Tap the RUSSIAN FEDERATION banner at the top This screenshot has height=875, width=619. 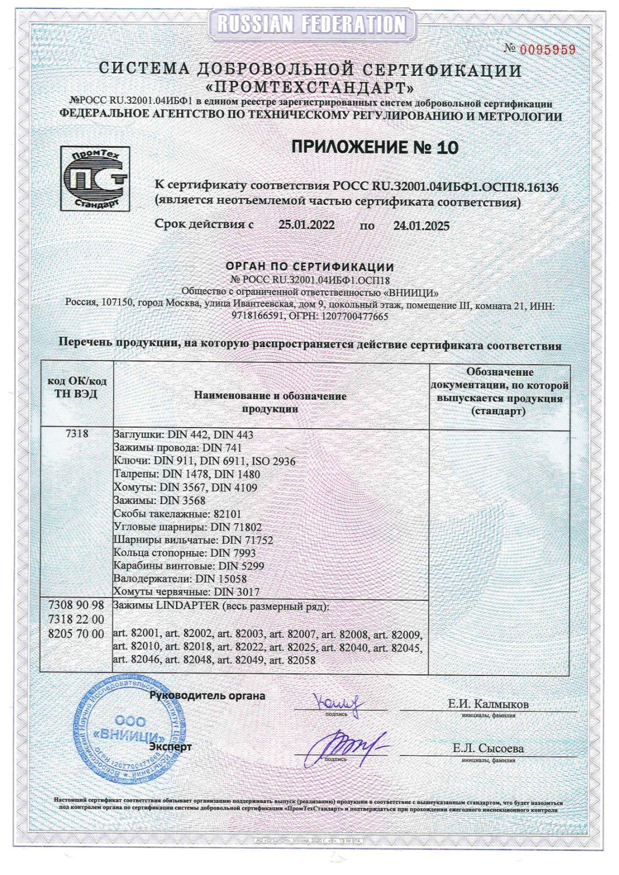point(310,24)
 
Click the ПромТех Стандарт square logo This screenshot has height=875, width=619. point(95,178)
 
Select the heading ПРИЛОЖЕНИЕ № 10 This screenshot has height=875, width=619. point(375,148)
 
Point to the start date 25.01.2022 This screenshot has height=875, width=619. point(306,225)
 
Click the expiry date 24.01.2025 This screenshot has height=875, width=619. point(421,226)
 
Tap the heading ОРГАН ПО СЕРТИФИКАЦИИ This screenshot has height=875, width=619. point(310,267)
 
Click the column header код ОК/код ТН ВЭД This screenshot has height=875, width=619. point(76,387)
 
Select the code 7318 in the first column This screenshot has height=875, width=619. point(76,435)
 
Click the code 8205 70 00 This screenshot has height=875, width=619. point(76,633)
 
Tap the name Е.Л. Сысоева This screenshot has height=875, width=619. point(488,748)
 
